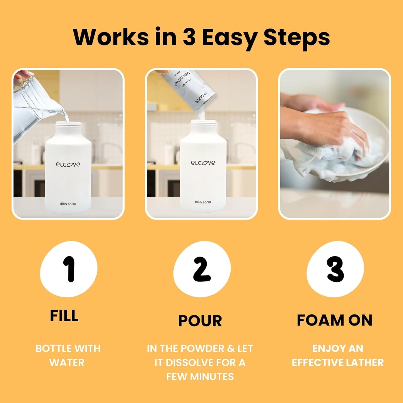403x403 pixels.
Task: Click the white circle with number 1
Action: coord(69,269)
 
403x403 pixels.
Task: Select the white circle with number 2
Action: coord(202,269)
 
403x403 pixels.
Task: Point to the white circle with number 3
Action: coord(335,269)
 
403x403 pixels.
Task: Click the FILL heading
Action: coord(64,316)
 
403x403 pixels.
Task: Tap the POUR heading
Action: coord(200,321)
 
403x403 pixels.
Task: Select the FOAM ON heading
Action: coord(334,320)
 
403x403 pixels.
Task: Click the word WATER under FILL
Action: coord(67,363)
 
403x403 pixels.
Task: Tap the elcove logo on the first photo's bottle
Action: coord(68,164)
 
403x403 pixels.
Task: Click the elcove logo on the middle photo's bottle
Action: coord(203,163)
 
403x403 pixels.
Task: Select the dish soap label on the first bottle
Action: coord(68,204)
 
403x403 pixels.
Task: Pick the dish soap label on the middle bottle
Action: coord(203,202)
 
